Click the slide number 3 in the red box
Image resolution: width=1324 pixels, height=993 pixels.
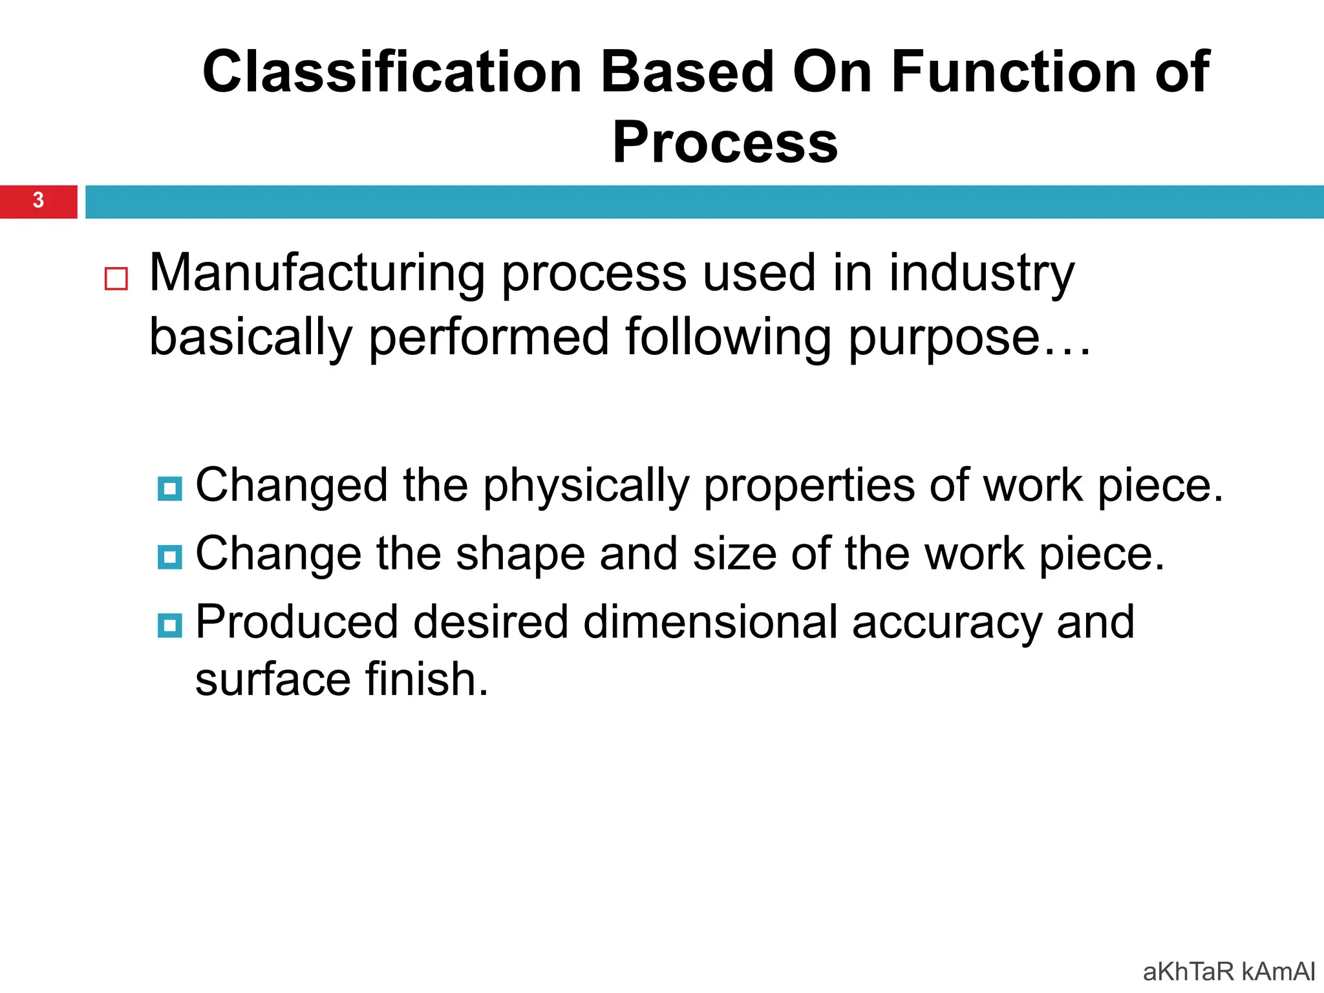[x=38, y=200]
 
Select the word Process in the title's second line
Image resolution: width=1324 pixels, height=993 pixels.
[x=725, y=143]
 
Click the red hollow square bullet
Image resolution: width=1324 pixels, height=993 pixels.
[x=116, y=279]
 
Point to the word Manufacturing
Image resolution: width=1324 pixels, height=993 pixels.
[x=317, y=273]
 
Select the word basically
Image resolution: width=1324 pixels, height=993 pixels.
[x=250, y=337]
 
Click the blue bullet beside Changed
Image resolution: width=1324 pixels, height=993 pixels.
[x=169, y=489]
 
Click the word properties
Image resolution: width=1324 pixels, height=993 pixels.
[x=809, y=487]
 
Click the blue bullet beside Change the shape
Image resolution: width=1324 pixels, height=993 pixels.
[x=169, y=557]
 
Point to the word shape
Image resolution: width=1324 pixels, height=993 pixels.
[x=520, y=555]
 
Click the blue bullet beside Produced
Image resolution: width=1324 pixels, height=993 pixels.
[x=169, y=625]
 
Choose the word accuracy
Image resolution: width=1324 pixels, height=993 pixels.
[x=946, y=623]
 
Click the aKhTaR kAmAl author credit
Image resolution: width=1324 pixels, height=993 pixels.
[x=1228, y=972]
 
